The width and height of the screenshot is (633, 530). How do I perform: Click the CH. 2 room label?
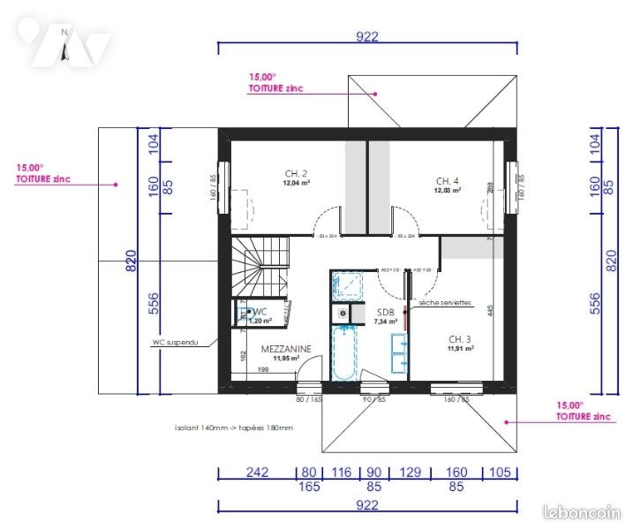296,173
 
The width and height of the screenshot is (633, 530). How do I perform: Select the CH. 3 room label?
460,338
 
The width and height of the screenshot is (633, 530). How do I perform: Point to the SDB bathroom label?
385,313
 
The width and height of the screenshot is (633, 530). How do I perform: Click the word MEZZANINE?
286,349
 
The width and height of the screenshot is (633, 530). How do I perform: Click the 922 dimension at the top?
367,36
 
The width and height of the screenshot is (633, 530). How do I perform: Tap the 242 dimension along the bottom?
256,473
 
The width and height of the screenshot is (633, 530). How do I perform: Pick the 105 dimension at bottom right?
500,473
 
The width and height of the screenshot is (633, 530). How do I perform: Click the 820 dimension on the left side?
130,261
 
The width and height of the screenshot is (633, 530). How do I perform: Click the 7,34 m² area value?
387,322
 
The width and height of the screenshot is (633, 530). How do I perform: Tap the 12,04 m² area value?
296,184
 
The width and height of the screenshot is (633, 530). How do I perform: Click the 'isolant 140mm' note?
234,428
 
